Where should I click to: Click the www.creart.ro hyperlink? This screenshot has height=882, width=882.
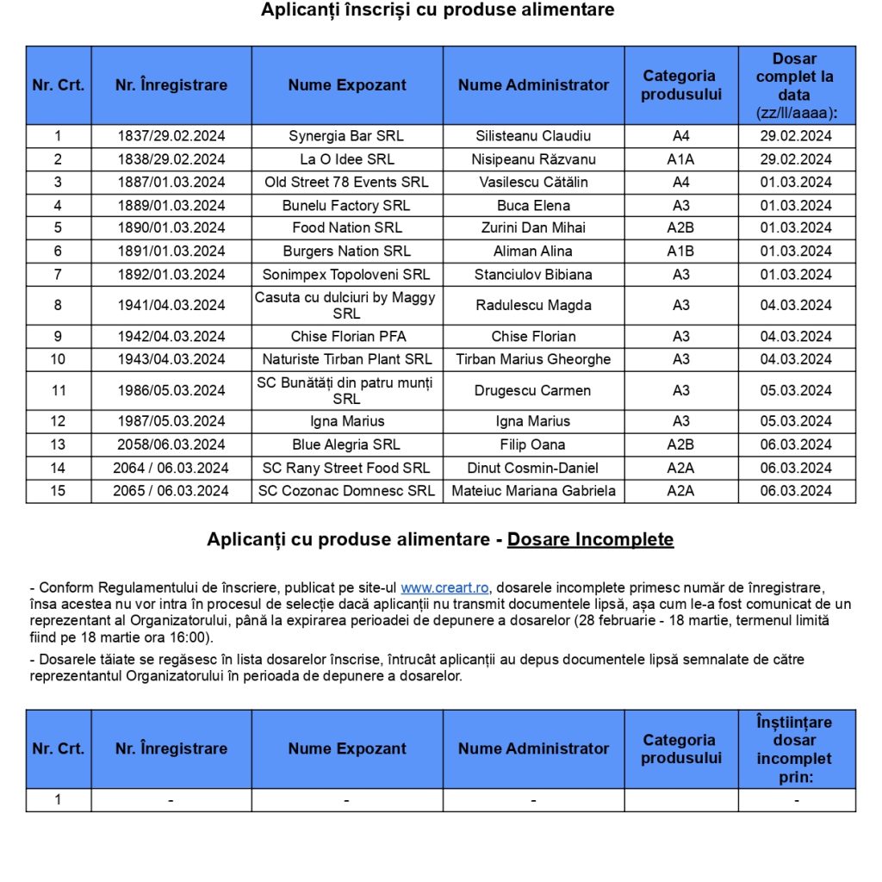[x=445, y=588]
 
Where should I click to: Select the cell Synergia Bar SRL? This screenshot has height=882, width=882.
[x=346, y=136]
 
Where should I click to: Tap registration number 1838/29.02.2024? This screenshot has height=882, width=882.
[x=171, y=159]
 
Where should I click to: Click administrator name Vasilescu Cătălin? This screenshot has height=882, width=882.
[x=533, y=183]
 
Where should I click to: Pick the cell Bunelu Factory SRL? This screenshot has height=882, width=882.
[x=346, y=206]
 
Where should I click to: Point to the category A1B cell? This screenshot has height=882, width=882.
[x=680, y=252]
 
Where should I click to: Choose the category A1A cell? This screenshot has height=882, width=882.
[x=680, y=159]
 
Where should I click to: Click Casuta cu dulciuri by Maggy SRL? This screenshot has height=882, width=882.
[x=346, y=305]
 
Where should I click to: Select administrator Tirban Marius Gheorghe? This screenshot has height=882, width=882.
[x=533, y=359]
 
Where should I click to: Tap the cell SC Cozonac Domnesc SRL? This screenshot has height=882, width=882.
[x=346, y=491]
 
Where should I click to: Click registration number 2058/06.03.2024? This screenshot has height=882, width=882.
[x=171, y=444]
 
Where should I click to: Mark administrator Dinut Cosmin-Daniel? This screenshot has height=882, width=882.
[x=533, y=468]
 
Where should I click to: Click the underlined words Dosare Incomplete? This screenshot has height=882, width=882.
[x=590, y=540]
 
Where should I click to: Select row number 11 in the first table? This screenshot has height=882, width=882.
[x=59, y=390]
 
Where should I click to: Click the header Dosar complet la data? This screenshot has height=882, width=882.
[x=795, y=85]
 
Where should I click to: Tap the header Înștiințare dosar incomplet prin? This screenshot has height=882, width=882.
[x=795, y=749]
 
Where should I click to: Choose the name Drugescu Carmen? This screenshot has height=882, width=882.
[x=533, y=390]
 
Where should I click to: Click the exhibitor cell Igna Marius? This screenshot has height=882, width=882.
[x=346, y=421]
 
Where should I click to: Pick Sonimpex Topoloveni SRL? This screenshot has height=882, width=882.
[x=346, y=275]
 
